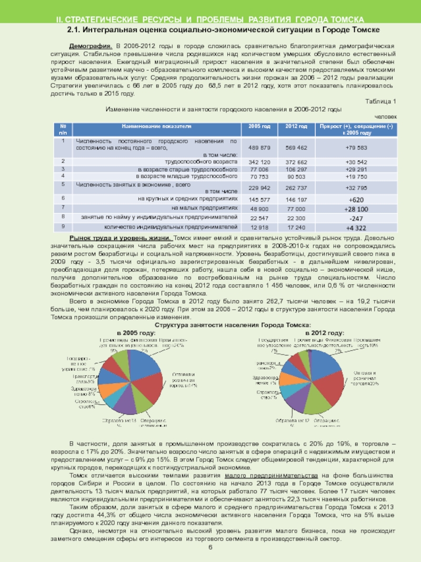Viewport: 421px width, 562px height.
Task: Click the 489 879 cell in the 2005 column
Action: (259, 147)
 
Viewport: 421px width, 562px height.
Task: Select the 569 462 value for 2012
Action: (296, 147)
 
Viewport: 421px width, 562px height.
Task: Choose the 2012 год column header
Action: (296, 126)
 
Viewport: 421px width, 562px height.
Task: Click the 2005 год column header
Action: (259, 126)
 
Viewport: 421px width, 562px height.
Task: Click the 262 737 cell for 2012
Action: (296, 188)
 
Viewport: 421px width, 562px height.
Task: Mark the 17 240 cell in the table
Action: (296, 228)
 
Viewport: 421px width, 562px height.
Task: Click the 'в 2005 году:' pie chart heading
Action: (136, 333)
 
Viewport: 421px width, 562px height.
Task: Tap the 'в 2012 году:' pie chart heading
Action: (326, 333)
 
